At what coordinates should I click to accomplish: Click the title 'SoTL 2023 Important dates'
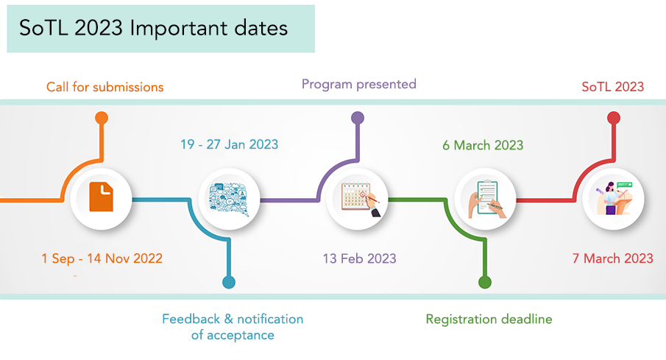tap(153, 29)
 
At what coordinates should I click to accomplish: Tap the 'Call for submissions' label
tap(105, 87)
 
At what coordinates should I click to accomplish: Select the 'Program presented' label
tap(359, 84)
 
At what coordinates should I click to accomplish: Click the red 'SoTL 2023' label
tap(612, 87)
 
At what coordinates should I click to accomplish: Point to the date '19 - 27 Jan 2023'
tap(230, 144)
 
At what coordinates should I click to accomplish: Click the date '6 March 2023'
tap(483, 145)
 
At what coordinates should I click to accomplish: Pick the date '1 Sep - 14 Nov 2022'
tap(102, 258)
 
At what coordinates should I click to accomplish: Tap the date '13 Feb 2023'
tap(359, 258)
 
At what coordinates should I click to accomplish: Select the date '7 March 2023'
tap(612, 258)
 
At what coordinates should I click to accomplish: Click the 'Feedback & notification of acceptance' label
tap(233, 327)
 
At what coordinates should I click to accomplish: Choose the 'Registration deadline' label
tap(489, 320)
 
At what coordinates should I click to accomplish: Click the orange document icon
tap(101, 197)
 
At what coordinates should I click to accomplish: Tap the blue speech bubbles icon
tap(229, 199)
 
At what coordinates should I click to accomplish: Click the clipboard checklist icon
tap(486, 200)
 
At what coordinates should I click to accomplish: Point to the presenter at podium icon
tap(614, 198)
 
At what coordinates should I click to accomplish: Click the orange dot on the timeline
tap(101, 118)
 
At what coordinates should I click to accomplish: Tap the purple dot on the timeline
tap(358, 118)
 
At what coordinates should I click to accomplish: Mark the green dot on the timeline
tap(485, 282)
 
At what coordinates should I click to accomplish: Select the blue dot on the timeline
tap(229, 282)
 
